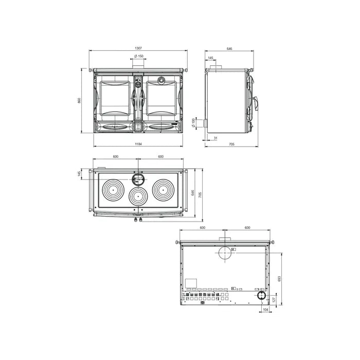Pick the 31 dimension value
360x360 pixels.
point(216,138)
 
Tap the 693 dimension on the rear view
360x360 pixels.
point(279,278)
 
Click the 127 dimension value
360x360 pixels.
point(274,299)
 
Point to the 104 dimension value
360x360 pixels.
point(265,310)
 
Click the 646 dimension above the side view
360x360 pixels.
point(229,48)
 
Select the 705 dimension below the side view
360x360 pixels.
point(231,145)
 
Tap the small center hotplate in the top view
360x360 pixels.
point(138,196)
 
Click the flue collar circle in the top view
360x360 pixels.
point(138,178)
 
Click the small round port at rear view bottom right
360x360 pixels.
point(262,296)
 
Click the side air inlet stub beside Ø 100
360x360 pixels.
point(204,124)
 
